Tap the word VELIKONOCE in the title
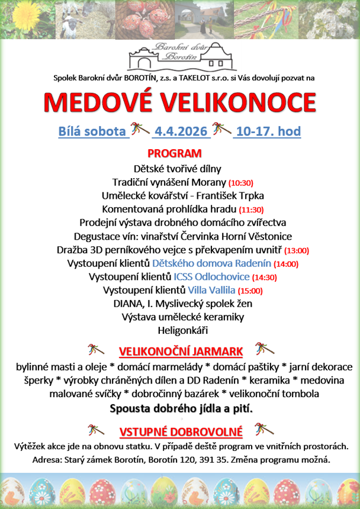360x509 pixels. pyautogui.click(x=239, y=102)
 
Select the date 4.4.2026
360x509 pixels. pyautogui.click(x=181, y=131)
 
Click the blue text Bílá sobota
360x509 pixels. pyautogui.click(x=92, y=131)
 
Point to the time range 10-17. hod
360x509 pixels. pyautogui.click(x=268, y=131)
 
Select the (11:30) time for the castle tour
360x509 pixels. pyautogui.click(x=251, y=210)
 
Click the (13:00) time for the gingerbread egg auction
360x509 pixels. pyautogui.click(x=297, y=250)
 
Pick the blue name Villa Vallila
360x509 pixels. pyautogui.click(x=211, y=291)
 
